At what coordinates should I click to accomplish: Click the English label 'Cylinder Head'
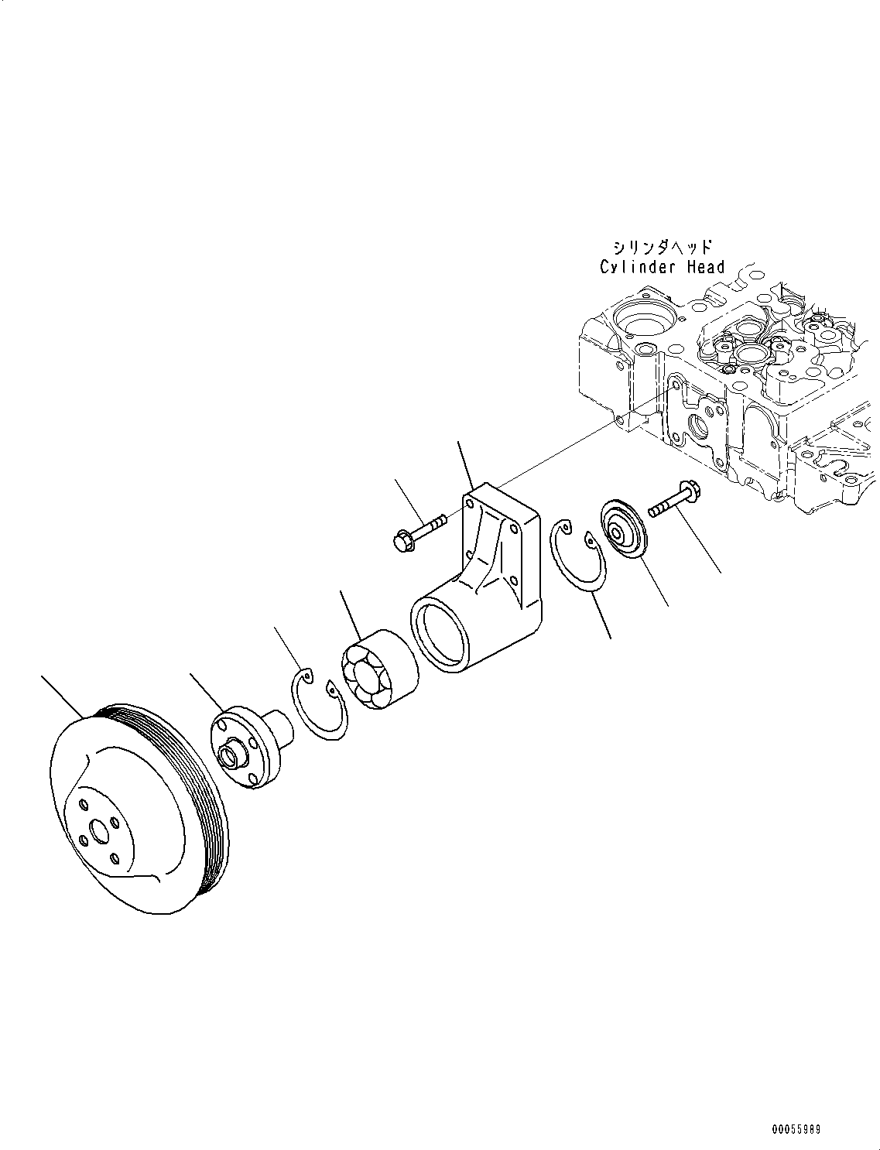tap(663, 267)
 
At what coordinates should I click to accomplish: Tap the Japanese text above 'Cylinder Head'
tap(663, 248)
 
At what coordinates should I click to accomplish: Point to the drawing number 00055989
tap(794, 1130)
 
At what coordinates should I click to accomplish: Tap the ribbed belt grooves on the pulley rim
tap(203, 797)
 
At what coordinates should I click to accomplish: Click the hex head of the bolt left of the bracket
tap(404, 543)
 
